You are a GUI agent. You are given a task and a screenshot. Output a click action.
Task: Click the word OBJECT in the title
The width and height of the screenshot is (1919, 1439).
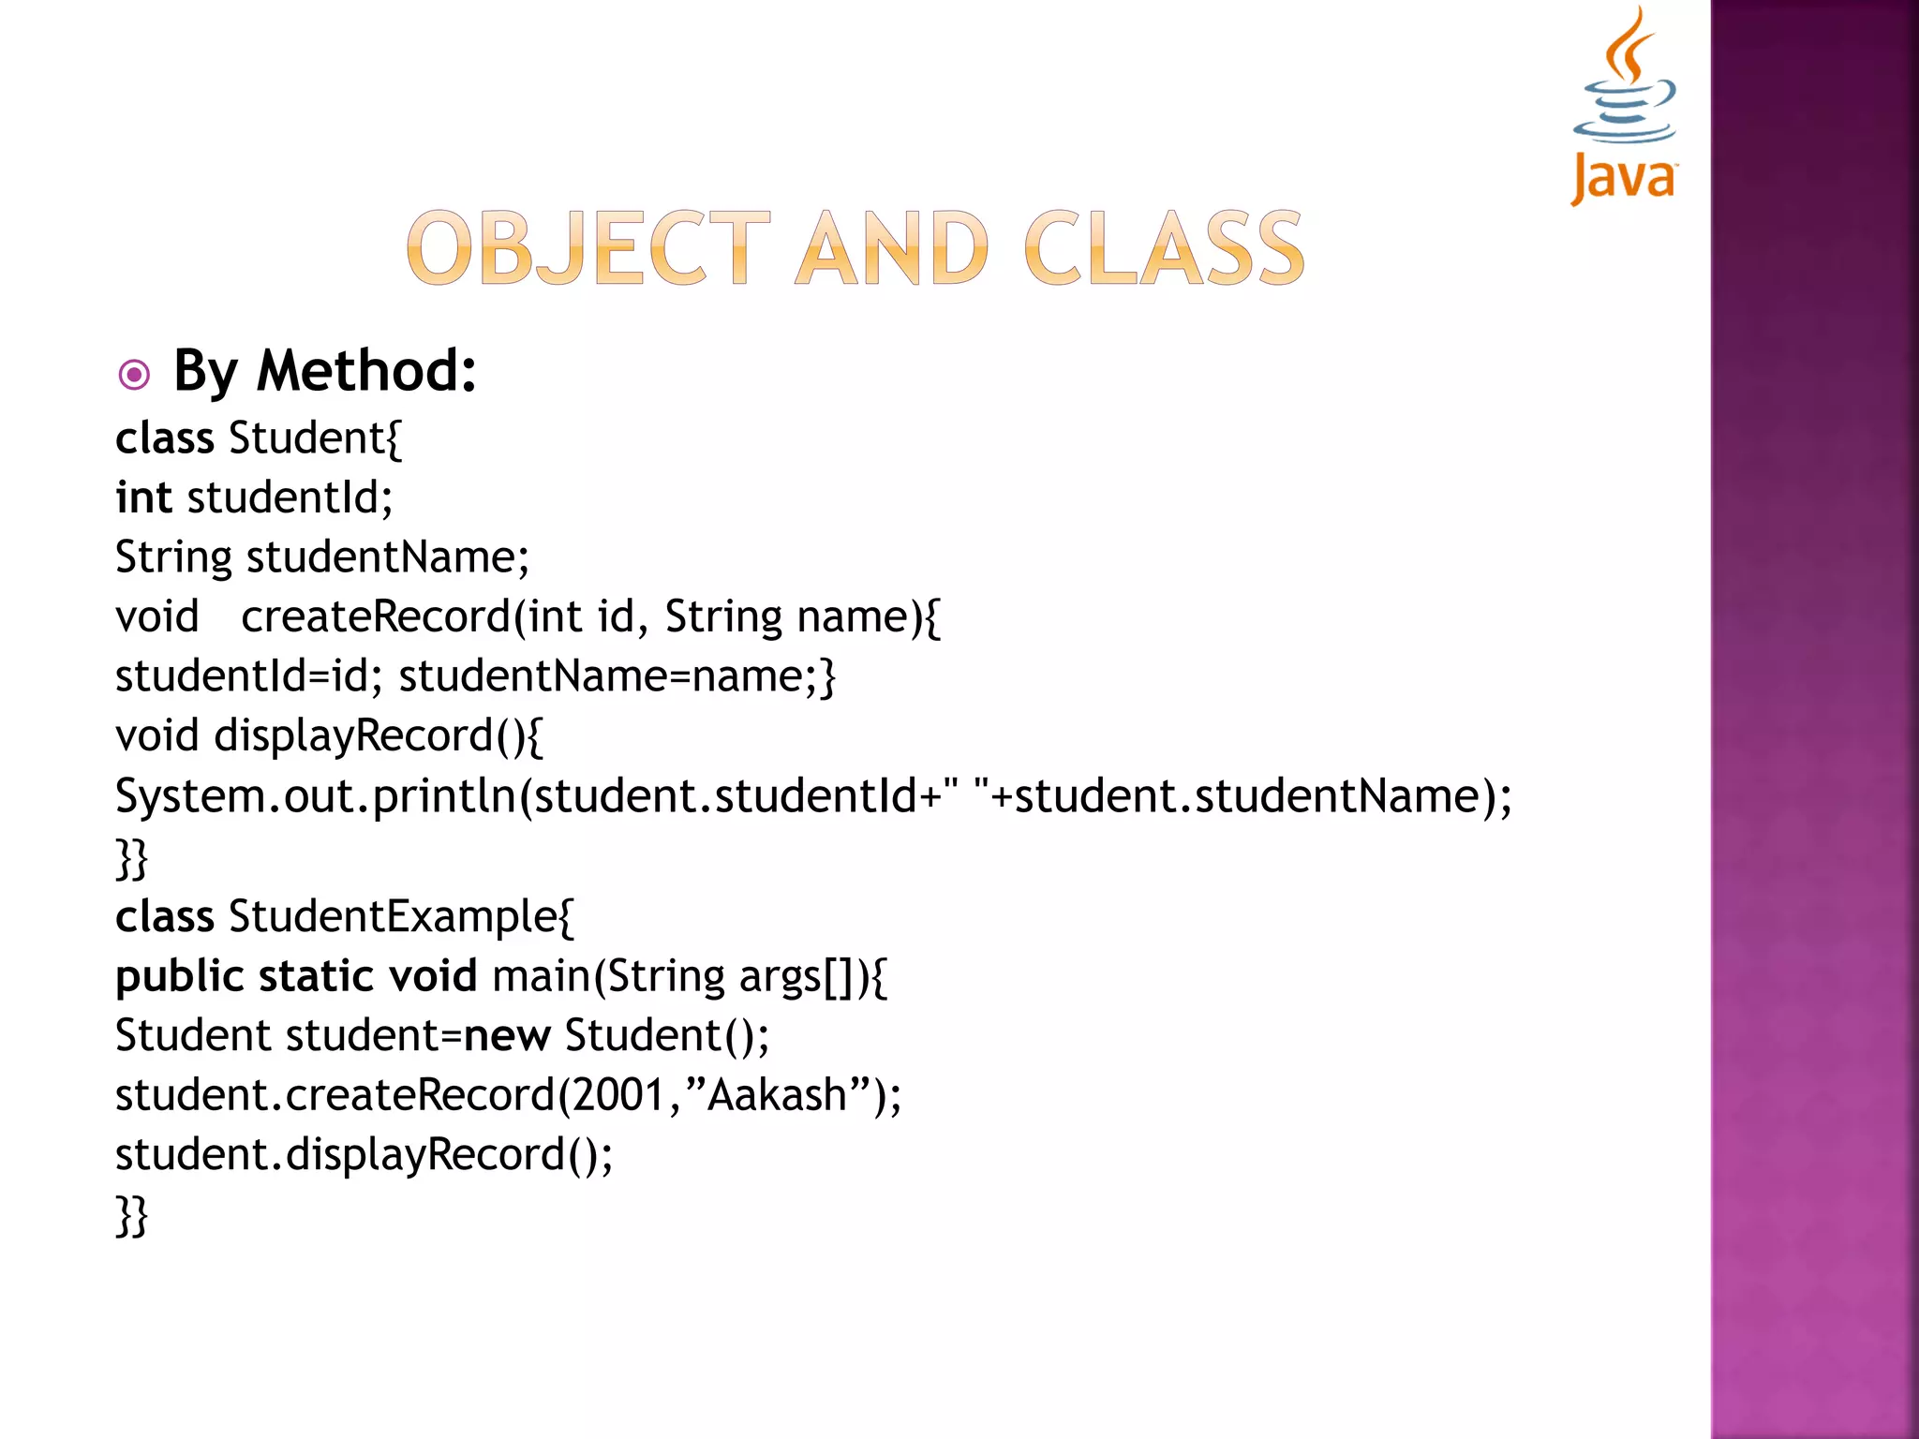coord(588,248)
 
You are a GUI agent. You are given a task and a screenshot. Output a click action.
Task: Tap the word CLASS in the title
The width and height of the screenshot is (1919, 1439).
coord(1164,248)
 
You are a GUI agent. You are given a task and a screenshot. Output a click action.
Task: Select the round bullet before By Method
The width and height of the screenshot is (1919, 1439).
coord(134,376)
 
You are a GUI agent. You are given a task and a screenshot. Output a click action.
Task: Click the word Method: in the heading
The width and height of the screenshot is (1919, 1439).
coord(366,371)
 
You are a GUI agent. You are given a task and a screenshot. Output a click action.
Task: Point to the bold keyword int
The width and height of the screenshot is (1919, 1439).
coord(143,497)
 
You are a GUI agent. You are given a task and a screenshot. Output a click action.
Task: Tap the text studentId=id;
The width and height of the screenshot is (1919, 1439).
coord(248,676)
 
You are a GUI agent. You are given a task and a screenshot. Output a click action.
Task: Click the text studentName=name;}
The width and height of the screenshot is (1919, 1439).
coord(617,676)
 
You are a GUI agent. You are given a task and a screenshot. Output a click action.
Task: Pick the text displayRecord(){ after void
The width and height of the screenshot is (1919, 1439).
coord(378,736)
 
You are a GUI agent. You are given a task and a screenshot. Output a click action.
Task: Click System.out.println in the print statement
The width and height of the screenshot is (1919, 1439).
coord(318,796)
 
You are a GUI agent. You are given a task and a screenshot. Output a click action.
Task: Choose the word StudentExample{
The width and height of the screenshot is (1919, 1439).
coord(401,916)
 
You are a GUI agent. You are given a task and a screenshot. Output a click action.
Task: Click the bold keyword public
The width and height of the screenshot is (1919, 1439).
coord(179,976)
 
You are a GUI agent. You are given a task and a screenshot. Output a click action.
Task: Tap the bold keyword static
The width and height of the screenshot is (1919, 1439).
coord(317,976)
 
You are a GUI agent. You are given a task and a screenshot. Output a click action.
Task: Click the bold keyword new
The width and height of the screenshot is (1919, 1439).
coord(507,1036)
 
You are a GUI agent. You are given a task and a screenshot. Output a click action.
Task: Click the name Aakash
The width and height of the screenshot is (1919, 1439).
coord(777,1095)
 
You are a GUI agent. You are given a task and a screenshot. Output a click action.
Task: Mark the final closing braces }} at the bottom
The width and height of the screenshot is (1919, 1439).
coord(132,1215)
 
